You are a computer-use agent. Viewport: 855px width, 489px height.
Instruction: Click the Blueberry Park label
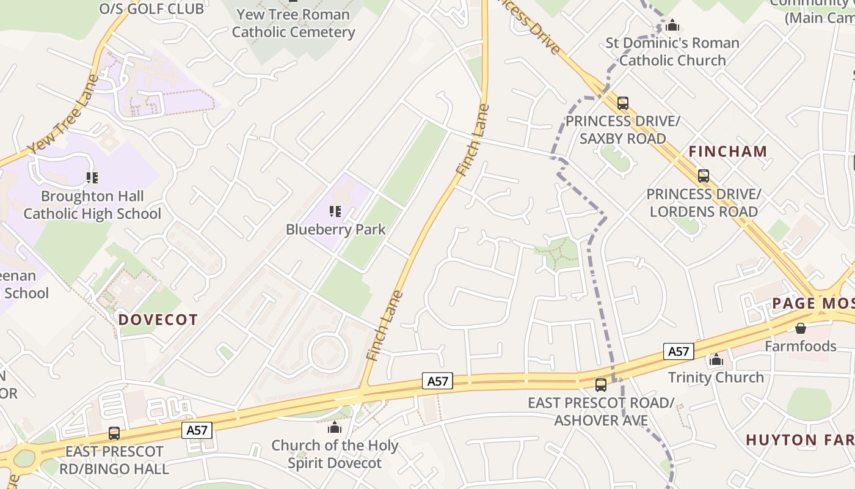click(x=336, y=230)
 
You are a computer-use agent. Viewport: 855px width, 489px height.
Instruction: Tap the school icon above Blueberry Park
click(x=335, y=211)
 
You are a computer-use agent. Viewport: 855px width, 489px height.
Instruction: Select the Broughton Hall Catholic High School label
click(x=92, y=205)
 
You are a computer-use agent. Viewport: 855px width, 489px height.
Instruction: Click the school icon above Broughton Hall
click(x=92, y=178)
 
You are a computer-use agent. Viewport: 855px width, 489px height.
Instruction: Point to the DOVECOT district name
click(x=158, y=320)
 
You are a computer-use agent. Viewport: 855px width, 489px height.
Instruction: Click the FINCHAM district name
click(x=728, y=151)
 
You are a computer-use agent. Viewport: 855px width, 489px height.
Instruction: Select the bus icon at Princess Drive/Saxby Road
click(x=623, y=103)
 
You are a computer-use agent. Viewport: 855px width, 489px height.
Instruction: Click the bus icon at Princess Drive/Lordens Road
click(x=704, y=176)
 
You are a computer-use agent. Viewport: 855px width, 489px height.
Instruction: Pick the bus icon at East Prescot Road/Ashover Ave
click(x=601, y=385)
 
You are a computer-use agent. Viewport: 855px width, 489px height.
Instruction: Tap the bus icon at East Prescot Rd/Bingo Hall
click(x=114, y=433)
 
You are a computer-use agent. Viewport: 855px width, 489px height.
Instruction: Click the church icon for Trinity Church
click(x=716, y=359)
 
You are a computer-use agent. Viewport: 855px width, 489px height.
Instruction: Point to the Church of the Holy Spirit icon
click(x=335, y=427)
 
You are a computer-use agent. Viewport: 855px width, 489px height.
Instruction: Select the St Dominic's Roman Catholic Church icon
click(x=672, y=25)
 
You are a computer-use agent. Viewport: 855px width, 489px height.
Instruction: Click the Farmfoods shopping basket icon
click(x=801, y=328)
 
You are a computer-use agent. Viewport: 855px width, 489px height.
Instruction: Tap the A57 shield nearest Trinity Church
click(x=679, y=351)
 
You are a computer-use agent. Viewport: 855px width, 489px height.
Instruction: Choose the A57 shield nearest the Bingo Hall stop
click(x=197, y=430)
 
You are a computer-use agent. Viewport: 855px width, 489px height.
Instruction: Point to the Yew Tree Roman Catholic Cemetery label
click(x=294, y=23)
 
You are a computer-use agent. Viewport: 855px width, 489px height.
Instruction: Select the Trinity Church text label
click(x=716, y=377)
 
